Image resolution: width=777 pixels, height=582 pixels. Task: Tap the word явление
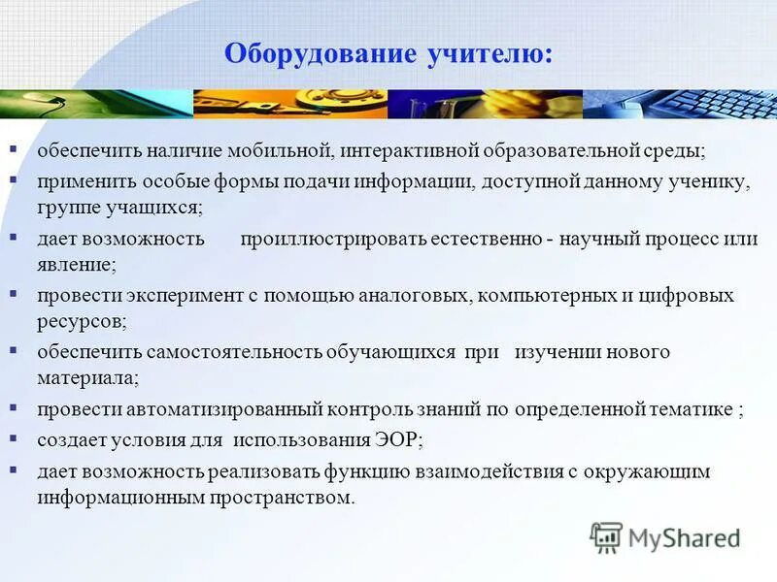coord(76,263)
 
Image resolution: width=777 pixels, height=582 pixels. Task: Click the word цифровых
coord(693,295)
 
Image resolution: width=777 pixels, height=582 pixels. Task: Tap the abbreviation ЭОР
coord(394,439)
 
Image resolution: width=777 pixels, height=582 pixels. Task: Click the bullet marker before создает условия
coord(14,438)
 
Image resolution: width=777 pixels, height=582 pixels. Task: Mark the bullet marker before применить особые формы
coord(14,180)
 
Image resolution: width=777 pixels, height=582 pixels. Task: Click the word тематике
coord(687,409)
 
